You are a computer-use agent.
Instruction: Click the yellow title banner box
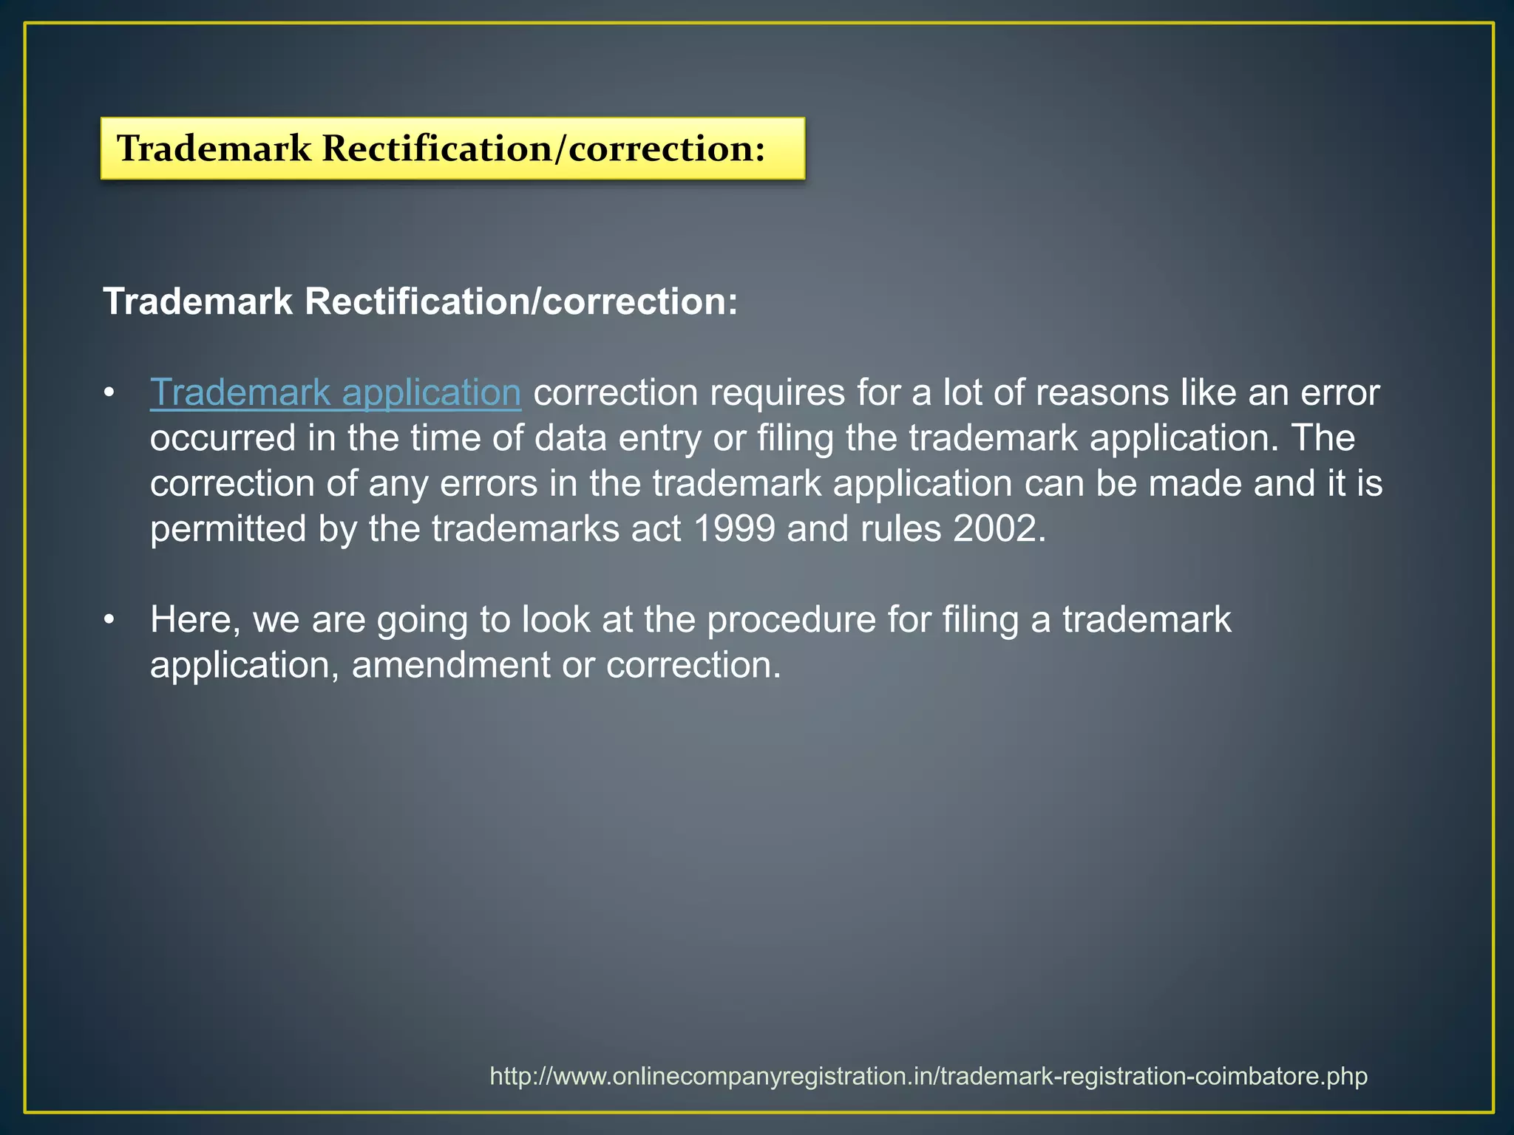coord(452,149)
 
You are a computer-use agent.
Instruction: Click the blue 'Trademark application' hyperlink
coord(336,392)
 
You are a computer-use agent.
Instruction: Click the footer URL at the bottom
coord(929,1076)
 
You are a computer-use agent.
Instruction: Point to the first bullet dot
coord(109,392)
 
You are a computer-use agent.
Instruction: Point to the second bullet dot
coord(109,619)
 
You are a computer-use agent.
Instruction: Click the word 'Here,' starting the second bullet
coord(195,619)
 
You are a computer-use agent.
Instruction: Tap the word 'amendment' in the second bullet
coord(450,665)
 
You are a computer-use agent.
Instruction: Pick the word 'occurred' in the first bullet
coord(223,438)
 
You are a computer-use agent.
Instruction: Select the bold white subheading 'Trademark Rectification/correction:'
coord(421,301)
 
